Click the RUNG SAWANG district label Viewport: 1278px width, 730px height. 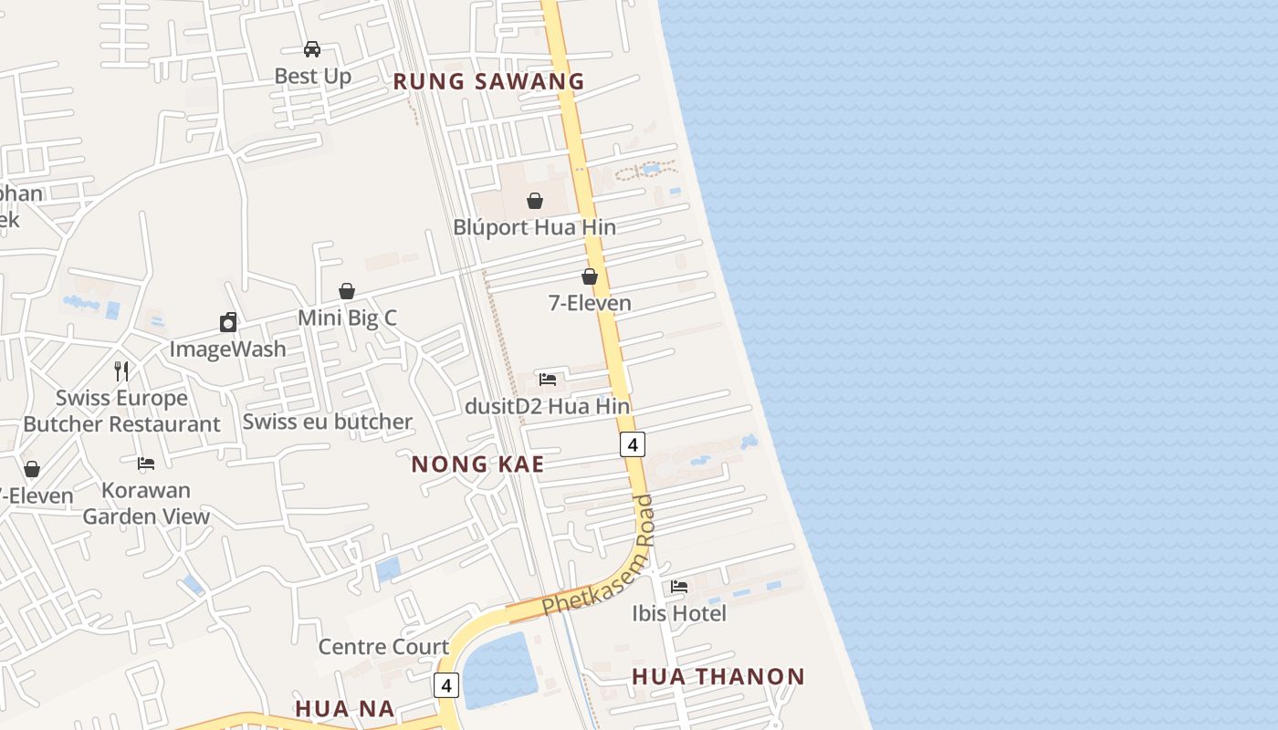[488, 81]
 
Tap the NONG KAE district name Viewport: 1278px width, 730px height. [477, 464]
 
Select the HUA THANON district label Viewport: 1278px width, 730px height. [718, 676]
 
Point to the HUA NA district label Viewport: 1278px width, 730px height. [345, 708]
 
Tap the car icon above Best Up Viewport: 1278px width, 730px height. [312, 48]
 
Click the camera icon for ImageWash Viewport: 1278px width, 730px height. [228, 322]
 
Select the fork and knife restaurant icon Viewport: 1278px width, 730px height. [121, 370]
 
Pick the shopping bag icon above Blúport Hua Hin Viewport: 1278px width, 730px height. [535, 201]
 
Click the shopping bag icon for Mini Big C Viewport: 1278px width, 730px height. [347, 291]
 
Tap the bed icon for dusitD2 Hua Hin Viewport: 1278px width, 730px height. [548, 379]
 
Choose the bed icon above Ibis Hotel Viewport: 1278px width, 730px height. [679, 586]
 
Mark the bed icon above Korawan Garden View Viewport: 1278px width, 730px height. [146, 464]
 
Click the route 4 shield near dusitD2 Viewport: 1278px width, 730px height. [633, 444]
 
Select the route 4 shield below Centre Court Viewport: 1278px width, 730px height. [445, 684]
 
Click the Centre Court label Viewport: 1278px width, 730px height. [383, 647]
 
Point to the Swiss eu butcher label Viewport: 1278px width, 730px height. [327, 422]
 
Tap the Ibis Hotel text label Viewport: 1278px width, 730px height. [679, 613]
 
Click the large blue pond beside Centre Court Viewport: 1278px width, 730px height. [498, 671]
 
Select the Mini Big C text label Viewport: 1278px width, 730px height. [348, 318]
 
